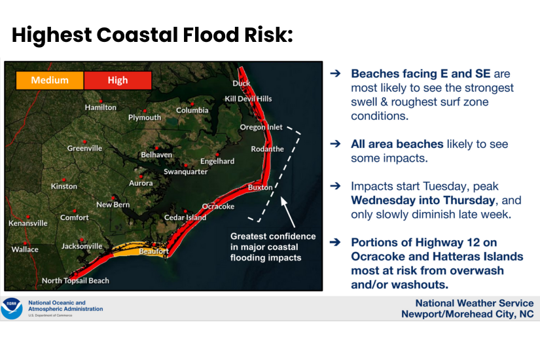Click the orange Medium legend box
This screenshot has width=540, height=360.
pos(50,81)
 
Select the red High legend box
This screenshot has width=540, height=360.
pos(118,81)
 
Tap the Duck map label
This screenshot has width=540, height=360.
pos(242,83)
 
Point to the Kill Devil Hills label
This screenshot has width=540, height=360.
pos(248,99)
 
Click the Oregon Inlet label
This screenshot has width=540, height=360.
pos(261,127)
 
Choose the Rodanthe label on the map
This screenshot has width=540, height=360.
pos(268,149)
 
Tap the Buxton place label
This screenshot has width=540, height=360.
pos(260,188)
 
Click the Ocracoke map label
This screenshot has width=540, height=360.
pos(218,207)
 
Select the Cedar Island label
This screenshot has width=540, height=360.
pos(185,218)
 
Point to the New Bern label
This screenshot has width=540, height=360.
pos(113,205)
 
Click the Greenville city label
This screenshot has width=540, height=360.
pos(85,149)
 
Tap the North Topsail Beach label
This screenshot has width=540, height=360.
pos(75,281)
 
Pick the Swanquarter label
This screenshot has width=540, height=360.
pos(186,172)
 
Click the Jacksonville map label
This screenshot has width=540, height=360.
pos(82,247)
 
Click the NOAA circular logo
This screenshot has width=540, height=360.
pos(12,308)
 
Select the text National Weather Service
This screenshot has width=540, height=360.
pos(475,303)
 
